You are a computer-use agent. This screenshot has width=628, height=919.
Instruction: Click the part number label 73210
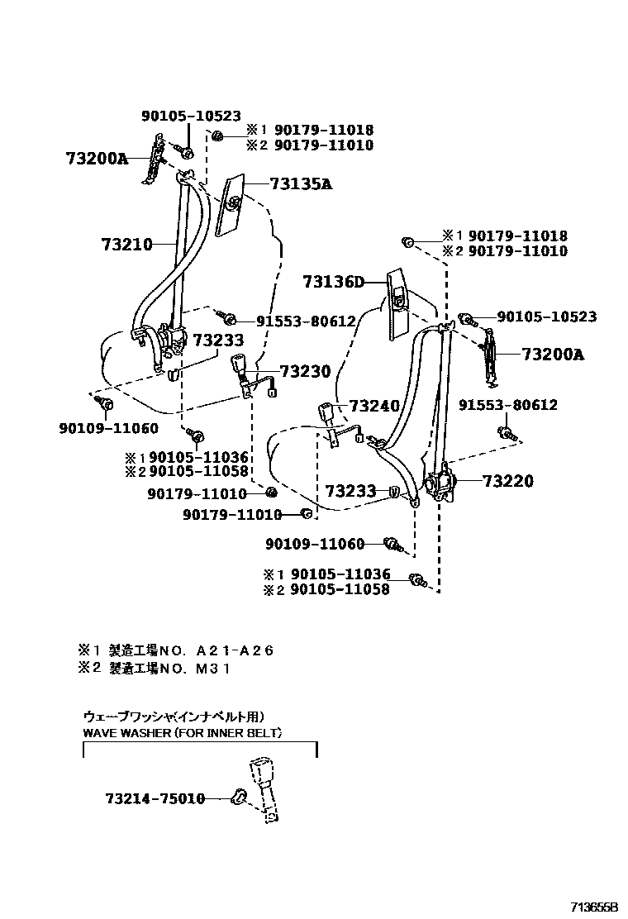[x=127, y=244]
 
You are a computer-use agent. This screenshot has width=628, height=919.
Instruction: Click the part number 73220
[x=507, y=481]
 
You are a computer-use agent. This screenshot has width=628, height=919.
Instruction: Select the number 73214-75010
[x=155, y=798]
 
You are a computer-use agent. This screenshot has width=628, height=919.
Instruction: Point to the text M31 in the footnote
[x=212, y=669]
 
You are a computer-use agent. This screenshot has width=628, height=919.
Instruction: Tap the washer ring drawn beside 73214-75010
[x=240, y=797]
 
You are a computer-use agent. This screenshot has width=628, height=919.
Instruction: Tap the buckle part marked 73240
[x=328, y=414]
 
